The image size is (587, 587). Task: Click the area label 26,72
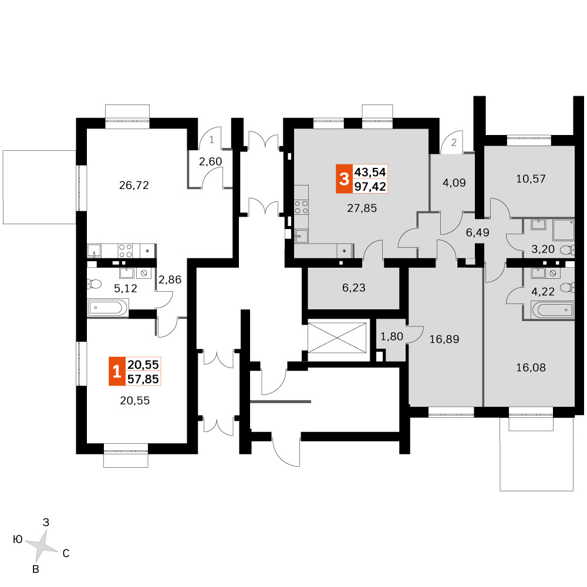(x=134, y=185)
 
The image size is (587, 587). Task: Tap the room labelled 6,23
(x=354, y=288)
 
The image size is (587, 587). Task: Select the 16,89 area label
(x=444, y=339)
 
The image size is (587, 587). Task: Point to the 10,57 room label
(x=531, y=178)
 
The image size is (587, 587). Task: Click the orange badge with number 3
(x=344, y=179)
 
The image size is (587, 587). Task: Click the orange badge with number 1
(x=117, y=372)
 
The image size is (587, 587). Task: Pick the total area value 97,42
(x=370, y=187)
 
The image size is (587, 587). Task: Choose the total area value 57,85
(x=143, y=379)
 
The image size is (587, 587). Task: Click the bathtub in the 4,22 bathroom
(x=552, y=310)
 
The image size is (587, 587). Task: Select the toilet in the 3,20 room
(x=567, y=249)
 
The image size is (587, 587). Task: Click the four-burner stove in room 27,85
(x=301, y=207)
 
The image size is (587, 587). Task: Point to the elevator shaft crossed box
(x=337, y=338)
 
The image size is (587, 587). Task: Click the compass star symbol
(x=42, y=546)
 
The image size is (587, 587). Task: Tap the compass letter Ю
(x=18, y=539)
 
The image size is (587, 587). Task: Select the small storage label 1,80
(x=392, y=336)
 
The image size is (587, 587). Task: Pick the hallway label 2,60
(x=210, y=161)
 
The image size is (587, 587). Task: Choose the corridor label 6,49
(x=477, y=232)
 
